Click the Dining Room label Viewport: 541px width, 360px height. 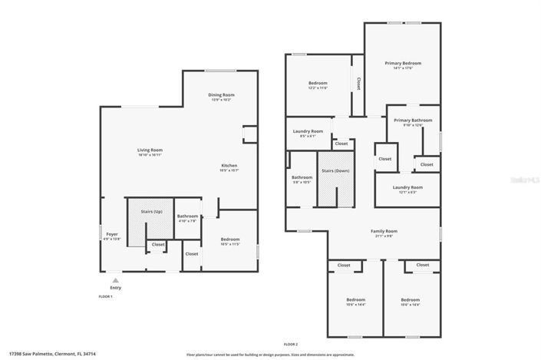221,94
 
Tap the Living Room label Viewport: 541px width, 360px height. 150,150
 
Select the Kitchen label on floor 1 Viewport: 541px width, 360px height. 229,165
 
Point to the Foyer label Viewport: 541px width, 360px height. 112,234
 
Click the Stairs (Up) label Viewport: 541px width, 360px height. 151,211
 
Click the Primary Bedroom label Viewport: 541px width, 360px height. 403,63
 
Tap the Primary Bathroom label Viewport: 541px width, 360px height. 413,120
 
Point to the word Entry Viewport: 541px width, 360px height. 116,288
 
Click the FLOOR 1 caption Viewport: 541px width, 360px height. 105,296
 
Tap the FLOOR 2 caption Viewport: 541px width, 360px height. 291,345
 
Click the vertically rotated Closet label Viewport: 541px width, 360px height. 358,82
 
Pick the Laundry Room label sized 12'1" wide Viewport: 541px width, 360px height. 407,187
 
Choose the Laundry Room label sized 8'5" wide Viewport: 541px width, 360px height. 308,131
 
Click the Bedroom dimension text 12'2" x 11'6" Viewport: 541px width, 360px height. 318,88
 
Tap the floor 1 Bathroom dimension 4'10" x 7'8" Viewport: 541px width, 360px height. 187,221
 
